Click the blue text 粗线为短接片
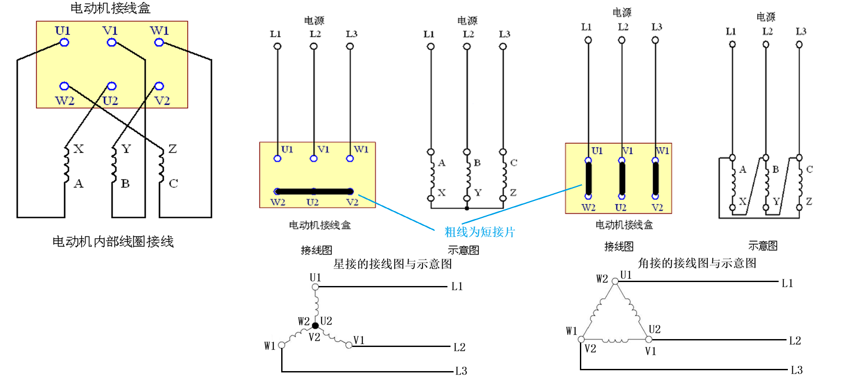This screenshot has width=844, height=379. [x=479, y=232]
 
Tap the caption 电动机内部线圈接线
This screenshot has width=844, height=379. [x=113, y=242]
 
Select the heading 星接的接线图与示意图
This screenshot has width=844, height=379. [x=393, y=264]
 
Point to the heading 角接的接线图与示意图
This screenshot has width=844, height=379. [x=697, y=263]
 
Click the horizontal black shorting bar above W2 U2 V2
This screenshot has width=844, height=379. [x=314, y=191]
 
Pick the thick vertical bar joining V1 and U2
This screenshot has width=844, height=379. [x=622, y=179]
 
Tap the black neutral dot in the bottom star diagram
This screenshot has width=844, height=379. [x=315, y=325]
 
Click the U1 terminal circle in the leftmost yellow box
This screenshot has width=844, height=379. [x=64, y=43]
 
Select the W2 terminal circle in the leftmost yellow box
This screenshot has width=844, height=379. [x=64, y=86]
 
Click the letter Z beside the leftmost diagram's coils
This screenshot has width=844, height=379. [x=172, y=149]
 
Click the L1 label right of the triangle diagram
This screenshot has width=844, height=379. [x=787, y=283]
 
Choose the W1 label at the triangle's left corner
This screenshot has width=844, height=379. [x=572, y=331]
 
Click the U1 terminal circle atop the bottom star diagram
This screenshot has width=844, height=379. [x=315, y=287]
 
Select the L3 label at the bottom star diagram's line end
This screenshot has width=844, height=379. [x=461, y=371]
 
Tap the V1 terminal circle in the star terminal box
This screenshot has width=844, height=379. [x=314, y=158]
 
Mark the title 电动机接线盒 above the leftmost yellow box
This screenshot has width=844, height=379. [x=111, y=8]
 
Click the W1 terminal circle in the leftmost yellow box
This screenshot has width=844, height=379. [x=159, y=43]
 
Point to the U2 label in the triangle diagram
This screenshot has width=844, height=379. [x=654, y=329]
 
